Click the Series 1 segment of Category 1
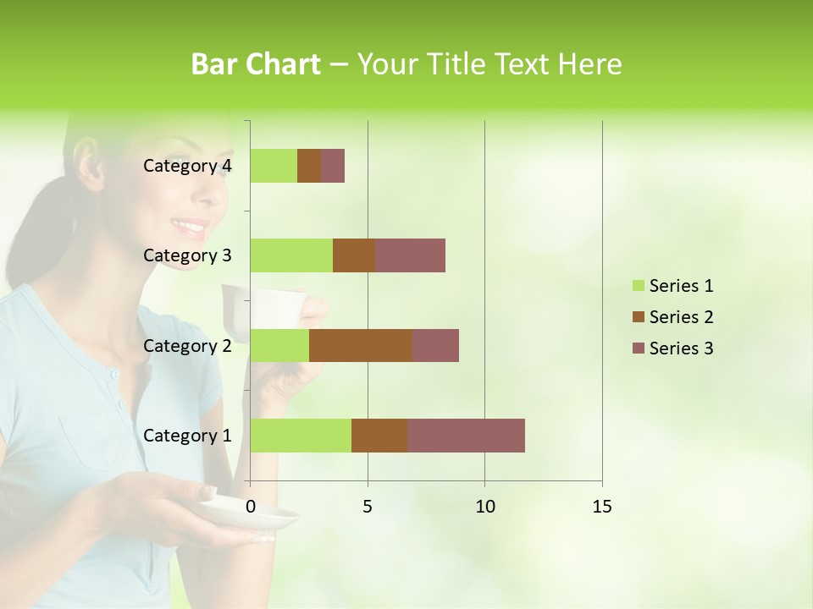[301, 435]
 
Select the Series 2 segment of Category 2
[361, 345]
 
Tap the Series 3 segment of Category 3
[410, 255]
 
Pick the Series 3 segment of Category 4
[333, 166]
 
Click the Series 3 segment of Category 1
[466, 435]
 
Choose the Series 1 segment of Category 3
[291, 255]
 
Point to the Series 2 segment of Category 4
[309, 166]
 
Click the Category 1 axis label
[187, 436]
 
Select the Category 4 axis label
[187, 166]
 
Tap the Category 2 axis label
[187, 345]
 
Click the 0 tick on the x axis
[251, 507]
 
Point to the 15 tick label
[601, 507]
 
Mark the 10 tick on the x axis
[484, 507]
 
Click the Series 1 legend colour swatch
[639, 286]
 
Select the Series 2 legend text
[681, 317]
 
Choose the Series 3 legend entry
[673, 348]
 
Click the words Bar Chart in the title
[256, 64]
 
